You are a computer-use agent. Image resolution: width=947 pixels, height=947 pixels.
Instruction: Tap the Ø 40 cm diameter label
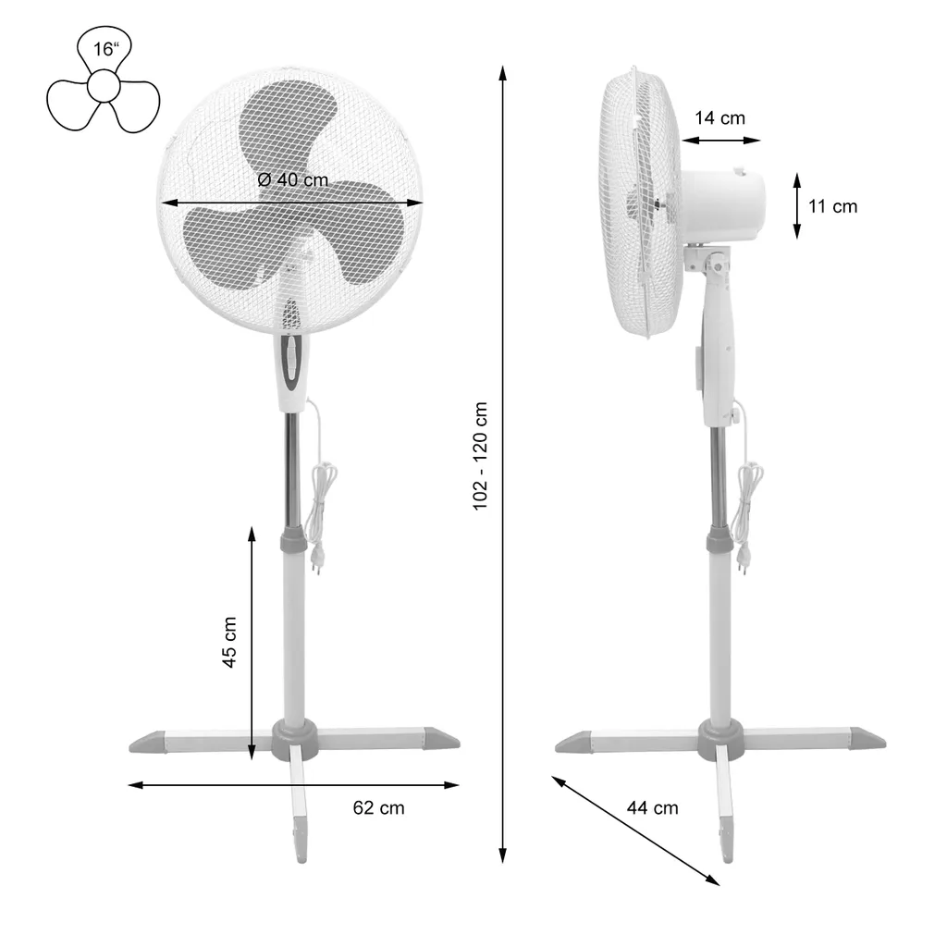pyautogui.click(x=293, y=180)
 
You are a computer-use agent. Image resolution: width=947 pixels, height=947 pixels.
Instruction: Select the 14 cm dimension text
pyautogui.click(x=719, y=117)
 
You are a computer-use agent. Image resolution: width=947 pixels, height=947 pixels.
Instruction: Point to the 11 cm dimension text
pyautogui.click(x=832, y=206)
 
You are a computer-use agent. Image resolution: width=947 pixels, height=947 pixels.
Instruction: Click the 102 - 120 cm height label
pyautogui.click(x=480, y=457)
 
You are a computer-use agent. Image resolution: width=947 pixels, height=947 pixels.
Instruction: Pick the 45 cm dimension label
pyautogui.click(x=229, y=642)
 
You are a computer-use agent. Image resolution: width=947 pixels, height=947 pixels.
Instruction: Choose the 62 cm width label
pyautogui.click(x=378, y=807)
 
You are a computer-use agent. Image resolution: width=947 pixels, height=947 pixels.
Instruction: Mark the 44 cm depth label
pyautogui.click(x=652, y=808)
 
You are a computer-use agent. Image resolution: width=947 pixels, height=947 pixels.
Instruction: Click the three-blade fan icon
pyautogui.click(x=103, y=87)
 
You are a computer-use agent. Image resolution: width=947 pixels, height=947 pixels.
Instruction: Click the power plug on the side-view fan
pyautogui.click(x=743, y=558)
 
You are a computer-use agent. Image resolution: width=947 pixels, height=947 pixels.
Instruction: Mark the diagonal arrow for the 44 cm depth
pyautogui.click(x=635, y=830)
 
